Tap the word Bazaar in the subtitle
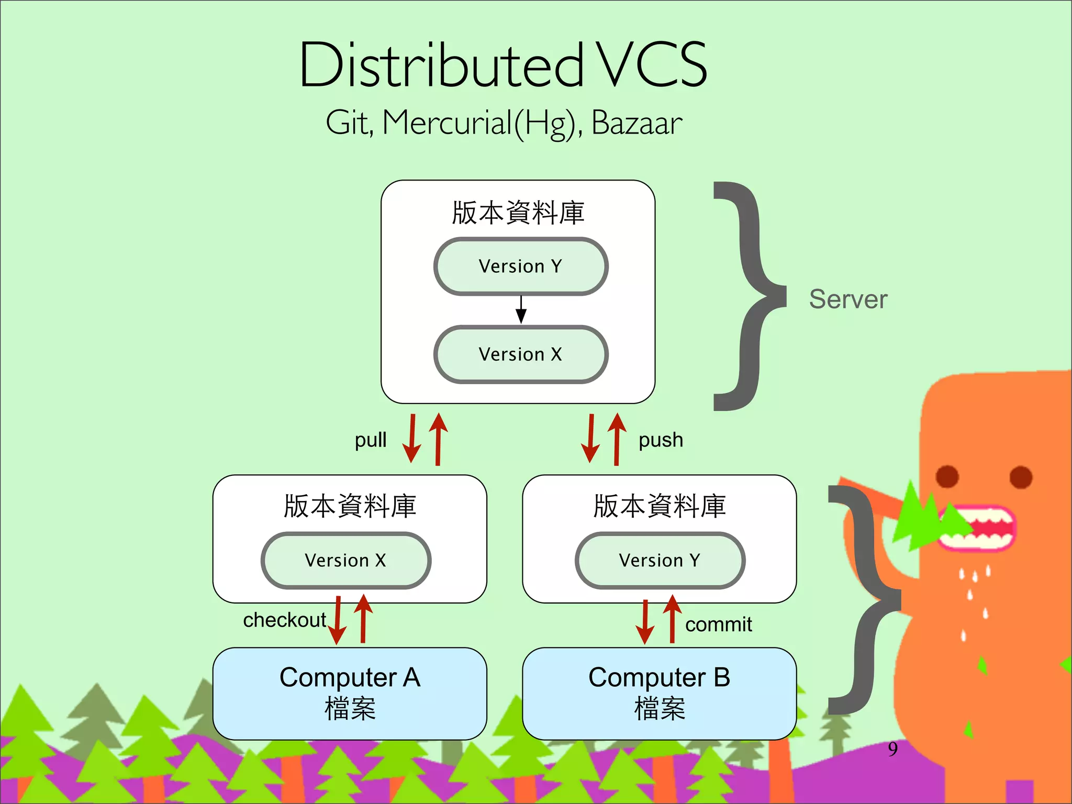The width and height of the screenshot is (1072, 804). pyautogui.click(x=636, y=124)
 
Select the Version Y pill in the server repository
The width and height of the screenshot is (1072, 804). pyautogui.click(x=520, y=266)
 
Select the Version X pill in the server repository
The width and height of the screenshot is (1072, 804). pyautogui.click(x=520, y=354)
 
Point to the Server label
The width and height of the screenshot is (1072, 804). pyautogui.click(x=848, y=299)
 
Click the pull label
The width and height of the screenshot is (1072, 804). pyautogui.click(x=371, y=440)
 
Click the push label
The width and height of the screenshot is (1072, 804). pyautogui.click(x=661, y=440)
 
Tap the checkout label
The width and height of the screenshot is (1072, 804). pyautogui.click(x=284, y=620)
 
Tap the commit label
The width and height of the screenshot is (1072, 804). pyautogui.click(x=718, y=624)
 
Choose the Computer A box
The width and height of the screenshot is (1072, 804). pyautogui.click(x=350, y=693)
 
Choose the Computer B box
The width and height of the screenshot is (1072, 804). pyautogui.click(x=659, y=693)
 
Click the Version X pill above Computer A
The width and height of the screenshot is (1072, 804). pyautogui.click(x=345, y=561)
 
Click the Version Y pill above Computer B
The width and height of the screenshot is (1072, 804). pyautogui.click(x=660, y=561)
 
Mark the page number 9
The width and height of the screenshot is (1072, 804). pyautogui.click(x=892, y=749)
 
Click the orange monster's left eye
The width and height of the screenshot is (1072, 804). pyautogui.click(x=947, y=476)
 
